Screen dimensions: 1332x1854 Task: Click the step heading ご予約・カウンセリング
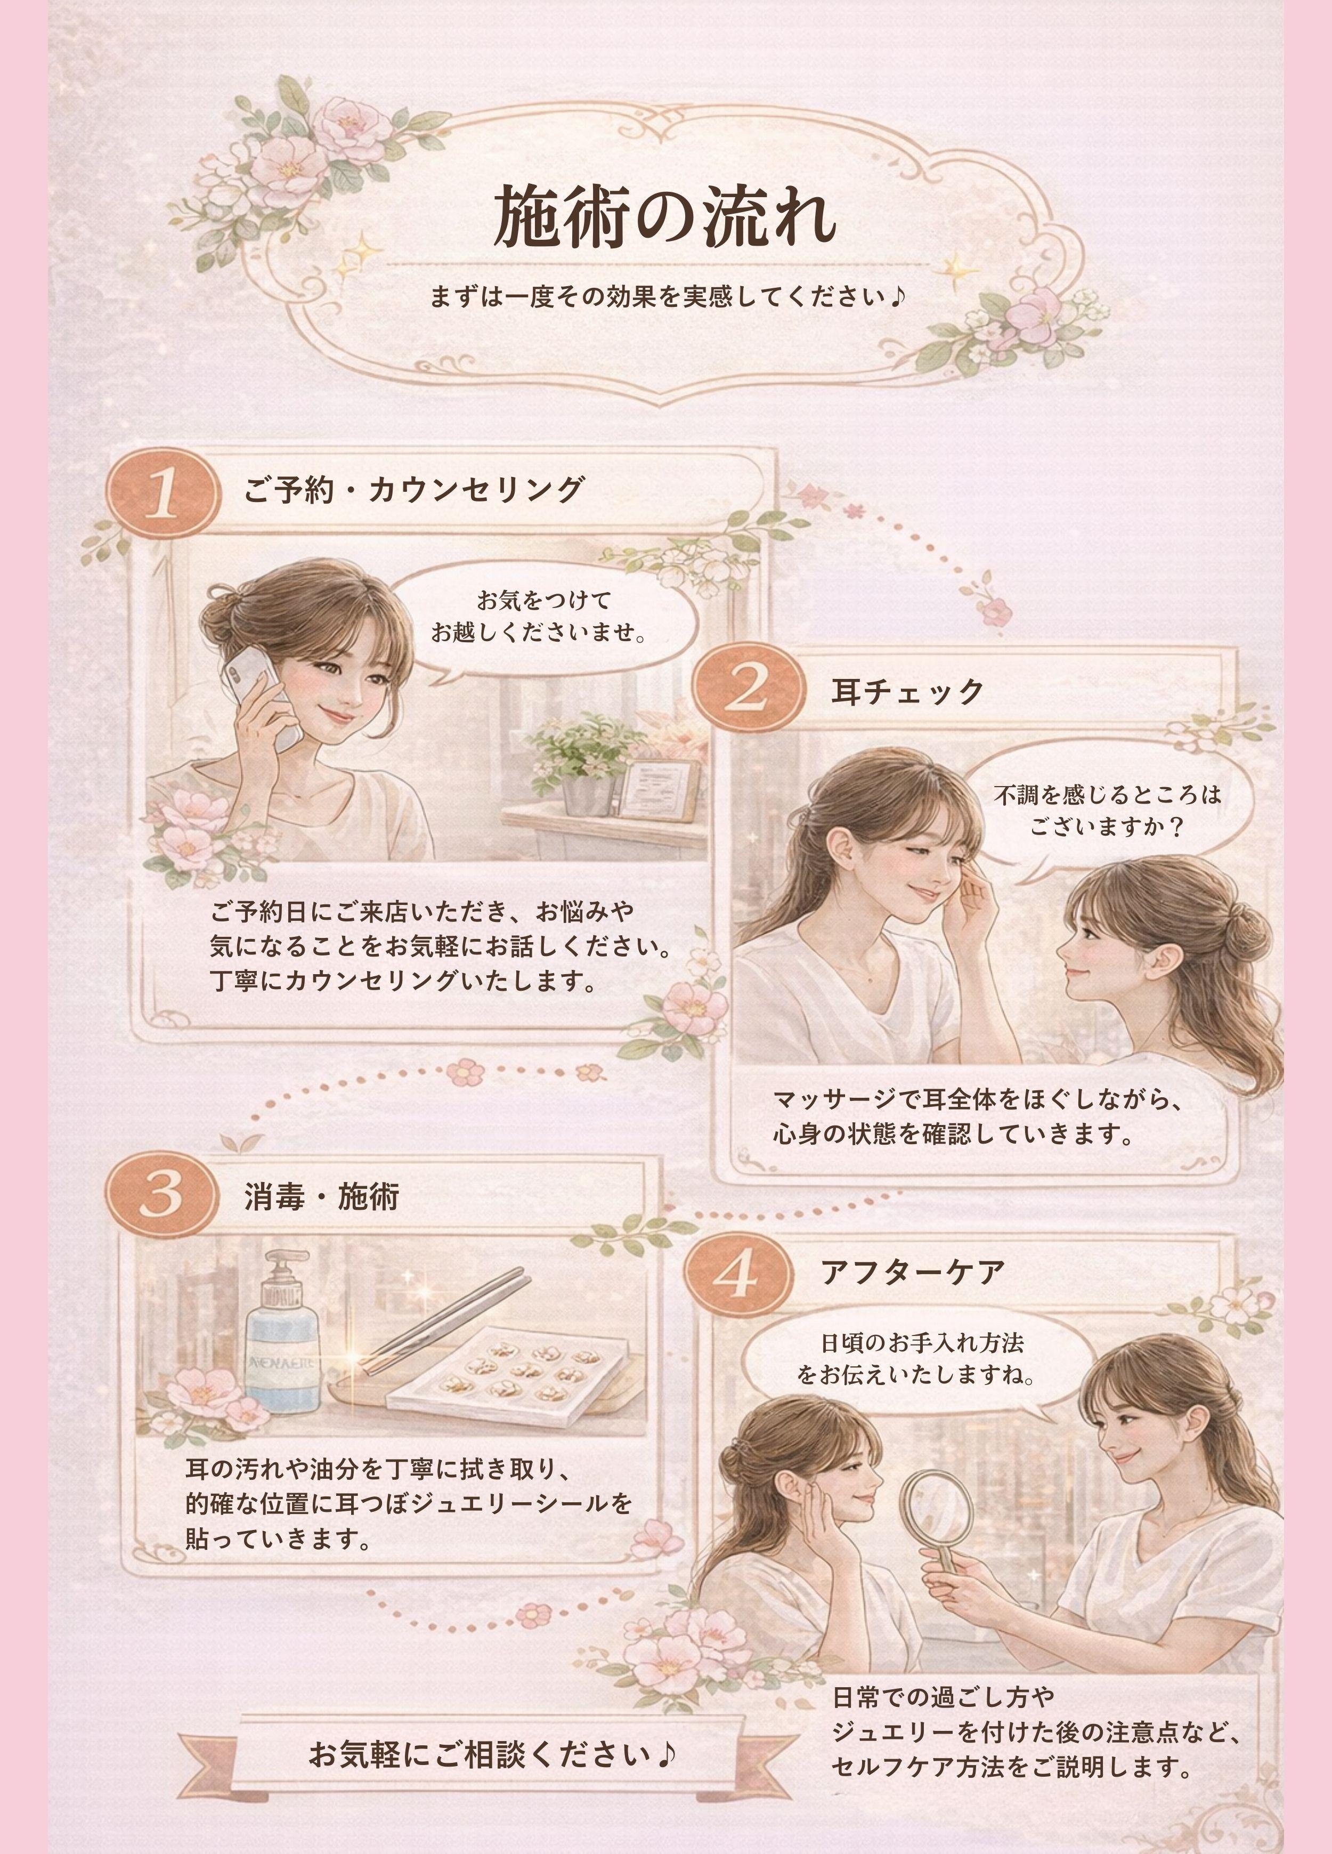pyautogui.click(x=413, y=491)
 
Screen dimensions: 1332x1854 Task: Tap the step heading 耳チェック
pyautogui.click(x=907, y=692)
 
